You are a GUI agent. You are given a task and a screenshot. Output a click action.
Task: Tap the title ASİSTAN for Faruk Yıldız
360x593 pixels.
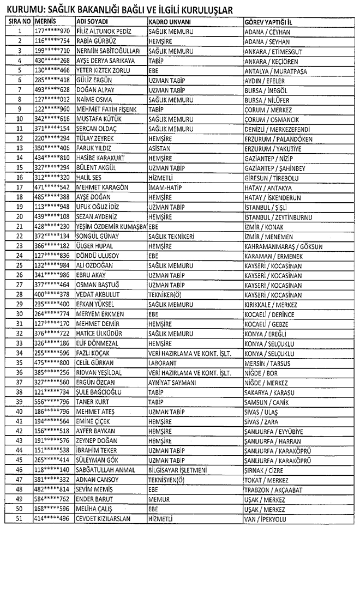point(158,148)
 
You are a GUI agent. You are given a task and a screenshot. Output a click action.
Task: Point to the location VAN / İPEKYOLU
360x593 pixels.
point(265,518)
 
